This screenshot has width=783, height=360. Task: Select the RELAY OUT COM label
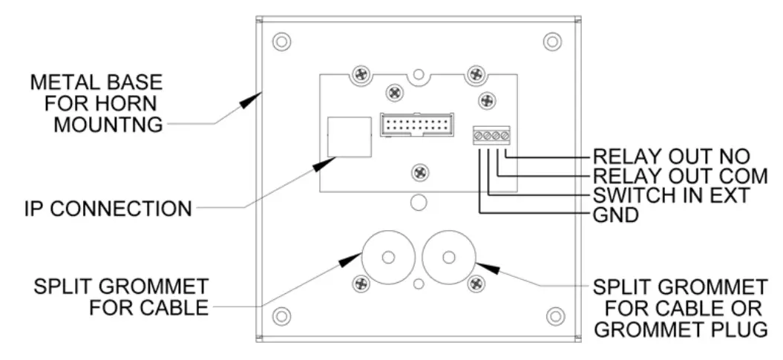coord(679,177)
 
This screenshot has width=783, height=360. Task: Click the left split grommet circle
coord(387,258)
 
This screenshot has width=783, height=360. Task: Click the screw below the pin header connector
coord(419,171)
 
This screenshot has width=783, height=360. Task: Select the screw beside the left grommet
coord(361,283)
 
